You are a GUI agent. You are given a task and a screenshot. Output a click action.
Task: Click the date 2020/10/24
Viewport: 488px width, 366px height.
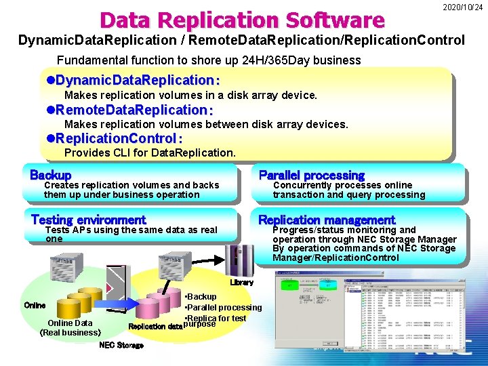(x=463, y=7)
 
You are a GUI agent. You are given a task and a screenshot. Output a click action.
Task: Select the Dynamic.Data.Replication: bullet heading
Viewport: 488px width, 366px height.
(x=133, y=80)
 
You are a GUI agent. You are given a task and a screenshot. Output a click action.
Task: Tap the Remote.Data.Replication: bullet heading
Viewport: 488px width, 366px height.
(x=129, y=109)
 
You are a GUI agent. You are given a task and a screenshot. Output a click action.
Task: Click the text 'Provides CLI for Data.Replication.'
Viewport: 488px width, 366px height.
(x=150, y=152)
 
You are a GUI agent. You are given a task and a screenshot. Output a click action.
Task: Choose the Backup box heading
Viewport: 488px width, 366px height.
(x=51, y=175)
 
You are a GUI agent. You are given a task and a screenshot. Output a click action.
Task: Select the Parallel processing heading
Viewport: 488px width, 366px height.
(x=311, y=175)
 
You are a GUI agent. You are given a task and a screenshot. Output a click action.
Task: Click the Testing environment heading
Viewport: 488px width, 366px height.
(x=88, y=220)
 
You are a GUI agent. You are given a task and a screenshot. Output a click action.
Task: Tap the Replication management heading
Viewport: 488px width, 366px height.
(x=326, y=220)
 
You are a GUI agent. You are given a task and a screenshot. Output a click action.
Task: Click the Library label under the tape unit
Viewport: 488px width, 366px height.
(x=241, y=282)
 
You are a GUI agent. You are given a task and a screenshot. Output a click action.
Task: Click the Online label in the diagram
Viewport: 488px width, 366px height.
(x=35, y=306)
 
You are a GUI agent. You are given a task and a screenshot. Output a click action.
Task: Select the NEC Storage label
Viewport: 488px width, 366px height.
(x=121, y=345)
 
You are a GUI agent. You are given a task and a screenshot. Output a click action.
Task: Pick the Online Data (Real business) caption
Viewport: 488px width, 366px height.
(x=70, y=327)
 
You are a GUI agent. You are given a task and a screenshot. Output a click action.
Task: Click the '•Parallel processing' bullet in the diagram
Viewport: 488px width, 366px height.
(x=223, y=308)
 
